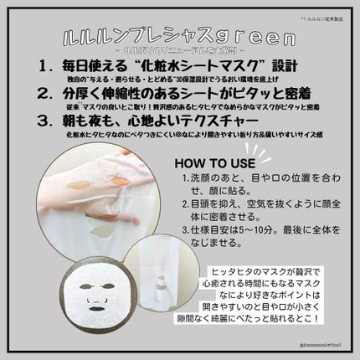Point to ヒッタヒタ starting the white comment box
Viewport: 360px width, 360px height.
tap(236, 272)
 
